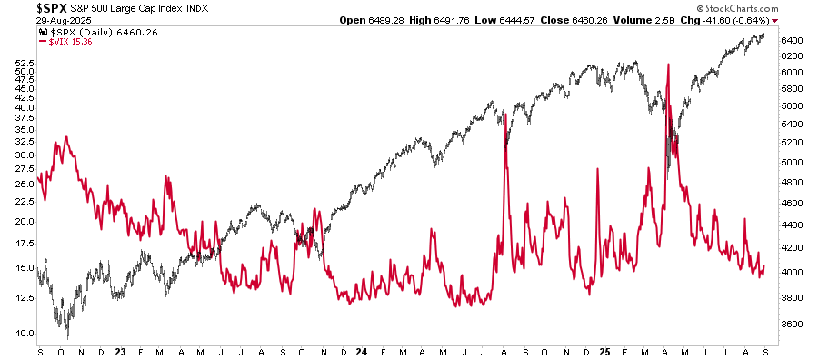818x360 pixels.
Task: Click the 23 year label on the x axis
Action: [x=119, y=351]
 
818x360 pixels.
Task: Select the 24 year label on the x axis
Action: [x=361, y=351]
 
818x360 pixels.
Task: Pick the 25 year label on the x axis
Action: [x=604, y=351]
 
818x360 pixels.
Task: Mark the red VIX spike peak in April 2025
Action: [x=668, y=65]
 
